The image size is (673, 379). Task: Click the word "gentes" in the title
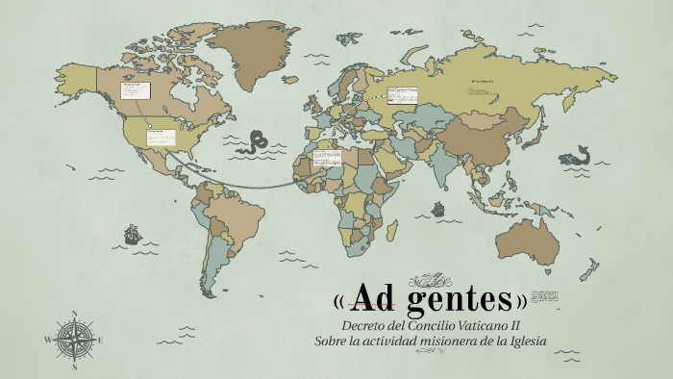459,298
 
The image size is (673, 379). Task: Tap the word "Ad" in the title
372,298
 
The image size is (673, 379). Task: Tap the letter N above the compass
75,314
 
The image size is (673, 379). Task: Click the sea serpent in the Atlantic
256,142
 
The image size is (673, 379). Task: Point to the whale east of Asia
578,154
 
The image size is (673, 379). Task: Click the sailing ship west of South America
132,234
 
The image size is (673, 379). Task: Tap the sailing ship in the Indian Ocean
437,207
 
